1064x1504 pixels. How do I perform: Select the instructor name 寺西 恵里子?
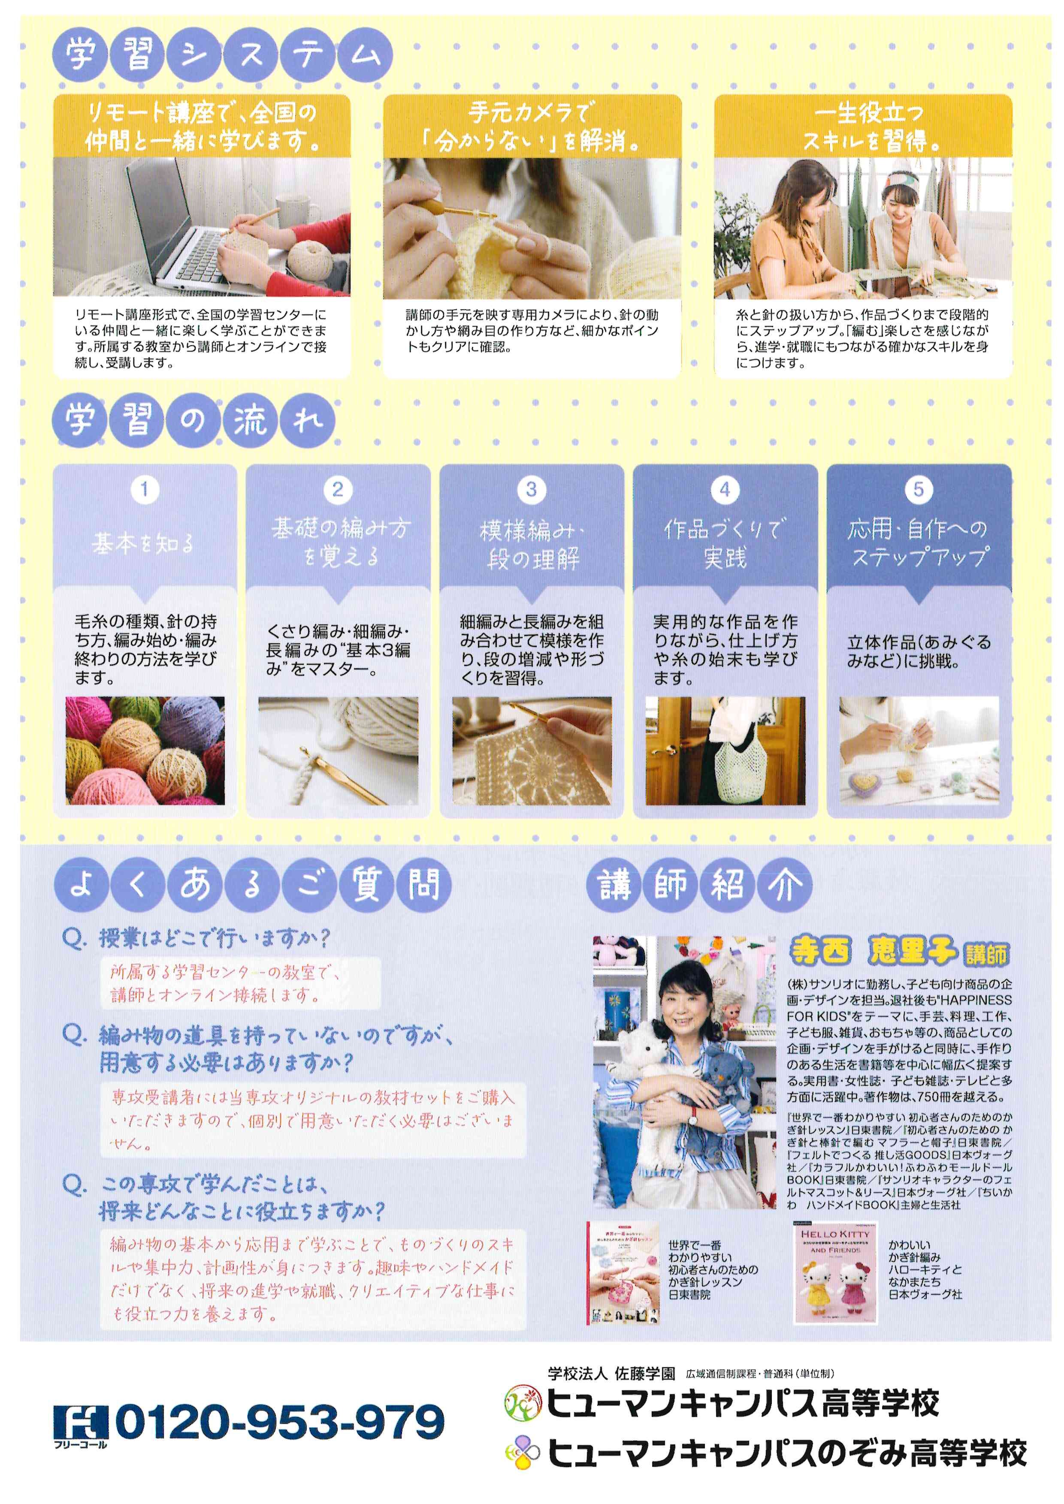pyautogui.click(x=874, y=951)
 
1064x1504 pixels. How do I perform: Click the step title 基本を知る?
pyautogui.click(x=143, y=543)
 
